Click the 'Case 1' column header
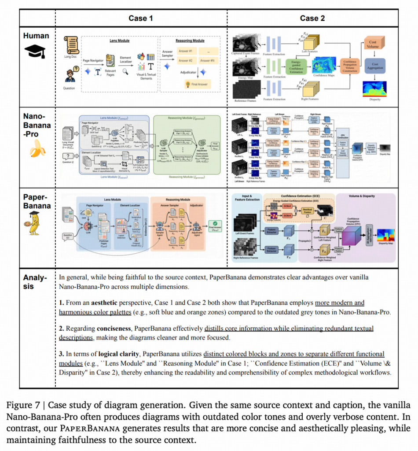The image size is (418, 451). (x=141, y=18)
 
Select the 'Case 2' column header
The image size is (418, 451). (x=312, y=18)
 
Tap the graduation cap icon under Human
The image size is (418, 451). (x=35, y=52)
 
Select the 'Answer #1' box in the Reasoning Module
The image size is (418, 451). (x=186, y=52)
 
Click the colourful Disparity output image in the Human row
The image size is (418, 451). (x=374, y=89)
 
